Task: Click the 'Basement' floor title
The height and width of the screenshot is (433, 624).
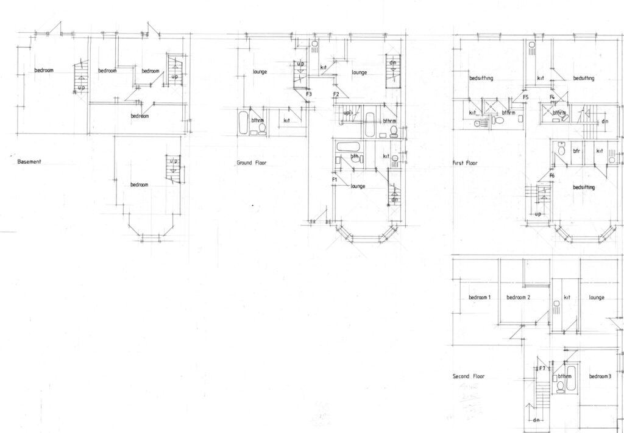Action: (x=29, y=162)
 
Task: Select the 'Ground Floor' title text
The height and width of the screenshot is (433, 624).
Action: (x=251, y=163)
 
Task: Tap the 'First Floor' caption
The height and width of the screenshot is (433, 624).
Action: (x=465, y=163)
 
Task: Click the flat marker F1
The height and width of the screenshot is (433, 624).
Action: (x=335, y=180)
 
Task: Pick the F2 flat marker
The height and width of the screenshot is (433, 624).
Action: (x=336, y=94)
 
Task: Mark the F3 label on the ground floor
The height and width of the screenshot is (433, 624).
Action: (x=309, y=94)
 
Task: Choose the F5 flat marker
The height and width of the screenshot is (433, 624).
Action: (x=525, y=97)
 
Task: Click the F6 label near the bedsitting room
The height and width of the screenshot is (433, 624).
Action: (x=552, y=176)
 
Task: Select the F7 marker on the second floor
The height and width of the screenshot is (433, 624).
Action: (x=542, y=368)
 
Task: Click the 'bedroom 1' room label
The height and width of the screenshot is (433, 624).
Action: (x=480, y=297)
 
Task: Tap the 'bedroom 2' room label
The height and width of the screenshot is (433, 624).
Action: (x=519, y=297)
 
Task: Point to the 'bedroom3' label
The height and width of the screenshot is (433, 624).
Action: (x=600, y=376)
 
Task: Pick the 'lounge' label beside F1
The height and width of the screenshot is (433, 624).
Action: (x=358, y=186)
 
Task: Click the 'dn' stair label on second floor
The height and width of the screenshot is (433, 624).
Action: (x=537, y=420)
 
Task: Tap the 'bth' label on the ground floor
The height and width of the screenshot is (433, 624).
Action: (x=354, y=156)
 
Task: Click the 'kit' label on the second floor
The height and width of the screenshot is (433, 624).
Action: (x=567, y=297)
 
